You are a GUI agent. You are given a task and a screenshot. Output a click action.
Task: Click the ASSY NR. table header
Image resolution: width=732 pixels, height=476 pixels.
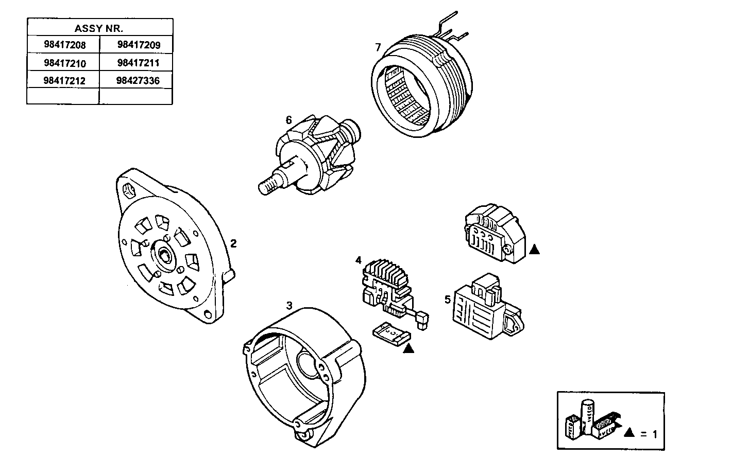99,28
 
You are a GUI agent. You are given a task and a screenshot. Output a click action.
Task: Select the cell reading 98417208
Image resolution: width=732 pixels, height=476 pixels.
64,45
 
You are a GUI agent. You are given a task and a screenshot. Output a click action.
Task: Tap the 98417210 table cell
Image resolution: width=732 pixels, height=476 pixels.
64,63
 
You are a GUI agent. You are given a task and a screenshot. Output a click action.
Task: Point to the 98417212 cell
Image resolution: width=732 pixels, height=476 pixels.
64,81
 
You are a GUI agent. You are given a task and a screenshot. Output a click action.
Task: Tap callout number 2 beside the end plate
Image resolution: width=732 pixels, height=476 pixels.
233,243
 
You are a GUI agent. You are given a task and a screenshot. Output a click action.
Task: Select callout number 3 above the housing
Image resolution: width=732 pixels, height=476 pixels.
290,306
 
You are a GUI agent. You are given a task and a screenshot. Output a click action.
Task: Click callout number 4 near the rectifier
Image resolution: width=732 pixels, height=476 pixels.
359,260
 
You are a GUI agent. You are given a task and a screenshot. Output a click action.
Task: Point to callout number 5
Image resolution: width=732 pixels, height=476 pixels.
447,298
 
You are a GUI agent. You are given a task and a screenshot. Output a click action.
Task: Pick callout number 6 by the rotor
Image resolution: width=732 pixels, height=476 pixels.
288,120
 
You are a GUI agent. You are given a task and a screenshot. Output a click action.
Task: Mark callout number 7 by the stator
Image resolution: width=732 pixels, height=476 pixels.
378,48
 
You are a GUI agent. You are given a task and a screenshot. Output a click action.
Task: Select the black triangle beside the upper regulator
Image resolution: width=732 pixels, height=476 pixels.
534,250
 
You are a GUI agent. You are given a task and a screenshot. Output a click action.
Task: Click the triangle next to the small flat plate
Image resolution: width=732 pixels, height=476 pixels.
408,348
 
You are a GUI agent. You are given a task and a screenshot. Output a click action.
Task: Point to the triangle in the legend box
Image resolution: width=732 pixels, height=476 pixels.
628,433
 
